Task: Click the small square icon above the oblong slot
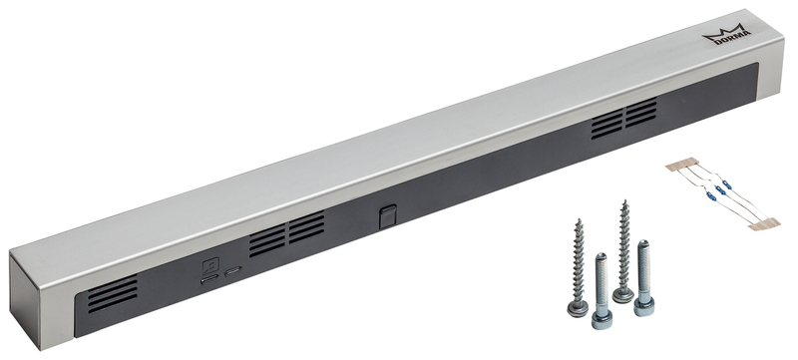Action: click(210, 265)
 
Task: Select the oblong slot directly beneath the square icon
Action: click(209, 279)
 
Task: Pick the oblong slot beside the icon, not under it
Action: click(233, 271)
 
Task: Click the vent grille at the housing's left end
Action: click(113, 294)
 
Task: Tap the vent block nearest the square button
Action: click(307, 226)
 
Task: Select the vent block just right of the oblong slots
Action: click(267, 241)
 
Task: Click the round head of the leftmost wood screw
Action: click(578, 308)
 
